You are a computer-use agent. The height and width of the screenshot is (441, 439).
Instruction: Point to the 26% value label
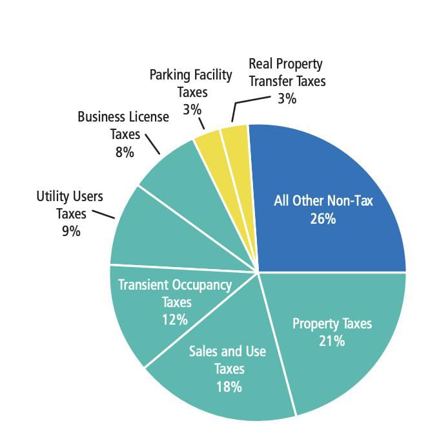[323, 219]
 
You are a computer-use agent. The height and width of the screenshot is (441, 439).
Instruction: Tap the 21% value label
[332, 341]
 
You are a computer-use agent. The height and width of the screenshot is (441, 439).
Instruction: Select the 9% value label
[71, 231]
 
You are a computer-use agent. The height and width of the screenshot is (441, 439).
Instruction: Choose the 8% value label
[125, 153]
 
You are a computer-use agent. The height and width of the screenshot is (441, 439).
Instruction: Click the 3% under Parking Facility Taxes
[192, 109]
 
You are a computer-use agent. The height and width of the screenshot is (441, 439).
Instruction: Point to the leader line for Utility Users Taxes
[103, 214]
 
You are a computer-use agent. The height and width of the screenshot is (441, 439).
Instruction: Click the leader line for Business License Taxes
[152, 144]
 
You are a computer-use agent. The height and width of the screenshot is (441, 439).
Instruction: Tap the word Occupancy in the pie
[196, 285]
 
